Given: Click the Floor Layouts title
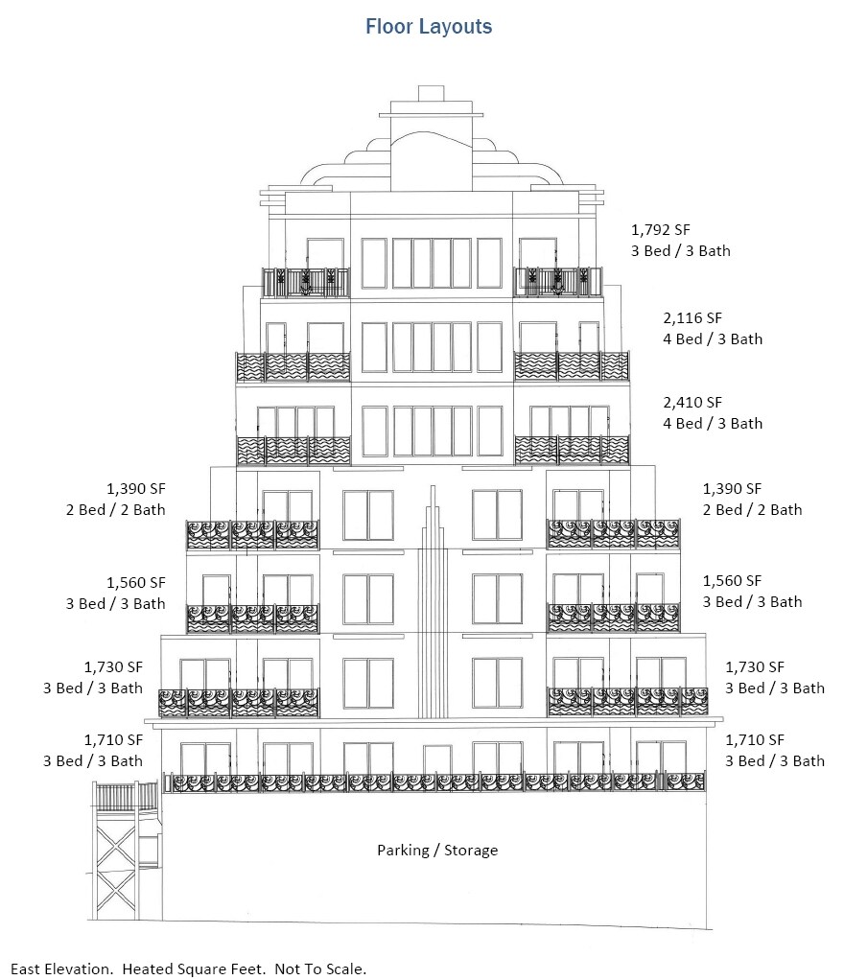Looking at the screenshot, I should click(429, 27).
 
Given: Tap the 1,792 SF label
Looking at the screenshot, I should click(661, 230).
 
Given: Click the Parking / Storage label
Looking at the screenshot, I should click(437, 850).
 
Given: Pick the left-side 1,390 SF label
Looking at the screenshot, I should click(136, 488).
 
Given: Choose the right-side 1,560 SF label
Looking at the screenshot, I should click(732, 580).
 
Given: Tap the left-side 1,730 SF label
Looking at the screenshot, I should click(113, 666).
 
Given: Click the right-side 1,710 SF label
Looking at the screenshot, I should click(755, 739).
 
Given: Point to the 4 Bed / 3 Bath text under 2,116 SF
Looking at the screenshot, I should click(714, 338).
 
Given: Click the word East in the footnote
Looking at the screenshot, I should click(27, 968).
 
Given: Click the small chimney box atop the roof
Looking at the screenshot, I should click(431, 93).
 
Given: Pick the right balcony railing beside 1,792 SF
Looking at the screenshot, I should click(557, 283).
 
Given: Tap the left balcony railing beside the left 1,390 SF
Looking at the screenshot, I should click(252, 534).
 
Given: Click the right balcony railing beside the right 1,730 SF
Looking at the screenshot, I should click(627, 702).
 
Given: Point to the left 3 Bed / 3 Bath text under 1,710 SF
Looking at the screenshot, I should click(93, 760).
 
